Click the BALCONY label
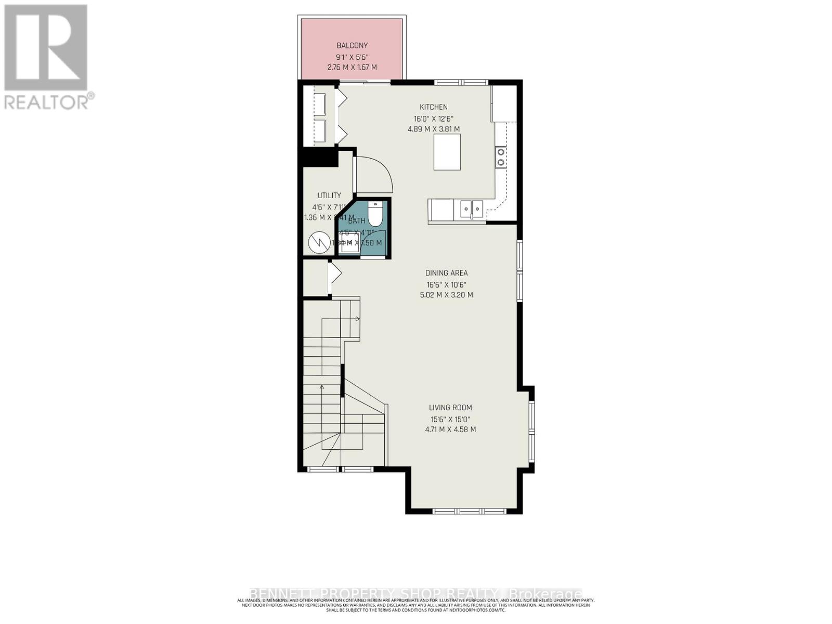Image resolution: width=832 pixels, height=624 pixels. [352, 46]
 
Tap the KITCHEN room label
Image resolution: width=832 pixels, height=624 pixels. [434, 107]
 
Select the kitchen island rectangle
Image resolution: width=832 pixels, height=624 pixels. [447, 152]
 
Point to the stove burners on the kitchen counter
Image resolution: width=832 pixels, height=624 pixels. [501, 157]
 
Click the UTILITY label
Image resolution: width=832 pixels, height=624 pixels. [329, 196]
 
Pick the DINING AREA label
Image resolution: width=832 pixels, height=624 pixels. [446, 273]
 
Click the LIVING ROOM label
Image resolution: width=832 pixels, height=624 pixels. [450, 408]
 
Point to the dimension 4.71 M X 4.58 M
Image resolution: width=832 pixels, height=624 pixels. [450, 430]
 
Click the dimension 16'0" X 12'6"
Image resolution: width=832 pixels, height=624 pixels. [434, 119]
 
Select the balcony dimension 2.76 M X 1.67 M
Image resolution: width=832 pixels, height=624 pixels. [352, 68]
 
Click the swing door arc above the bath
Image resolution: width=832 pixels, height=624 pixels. [375, 174]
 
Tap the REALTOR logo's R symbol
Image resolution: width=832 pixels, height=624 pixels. [45, 48]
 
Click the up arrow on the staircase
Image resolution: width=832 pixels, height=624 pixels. [322, 387]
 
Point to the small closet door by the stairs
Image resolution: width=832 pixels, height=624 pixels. [334, 273]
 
